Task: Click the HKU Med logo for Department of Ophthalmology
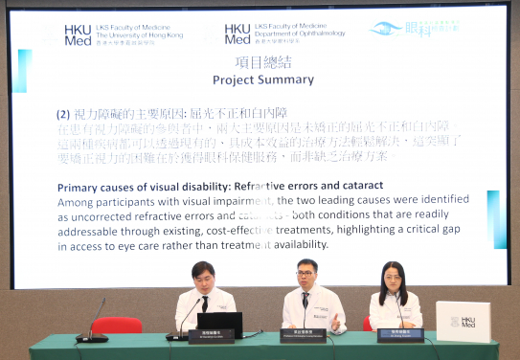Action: (x=237, y=34)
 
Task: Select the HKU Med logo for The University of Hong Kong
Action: (x=78, y=34)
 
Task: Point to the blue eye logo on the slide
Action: (x=385, y=30)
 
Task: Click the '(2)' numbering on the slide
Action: (x=66, y=113)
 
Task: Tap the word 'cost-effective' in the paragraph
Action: (x=263, y=228)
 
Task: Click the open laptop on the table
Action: (x=219, y=324)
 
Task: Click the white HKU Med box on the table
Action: (x=463, y=321)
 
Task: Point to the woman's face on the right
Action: (x=394, y=279)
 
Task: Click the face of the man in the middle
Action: (x=306, y=276)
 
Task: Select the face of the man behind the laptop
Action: (x=203, y=279)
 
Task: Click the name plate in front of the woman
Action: (x=400, y=334)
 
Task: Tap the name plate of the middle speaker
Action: (x=306, y=335)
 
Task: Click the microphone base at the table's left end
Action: (x=92, y=338)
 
